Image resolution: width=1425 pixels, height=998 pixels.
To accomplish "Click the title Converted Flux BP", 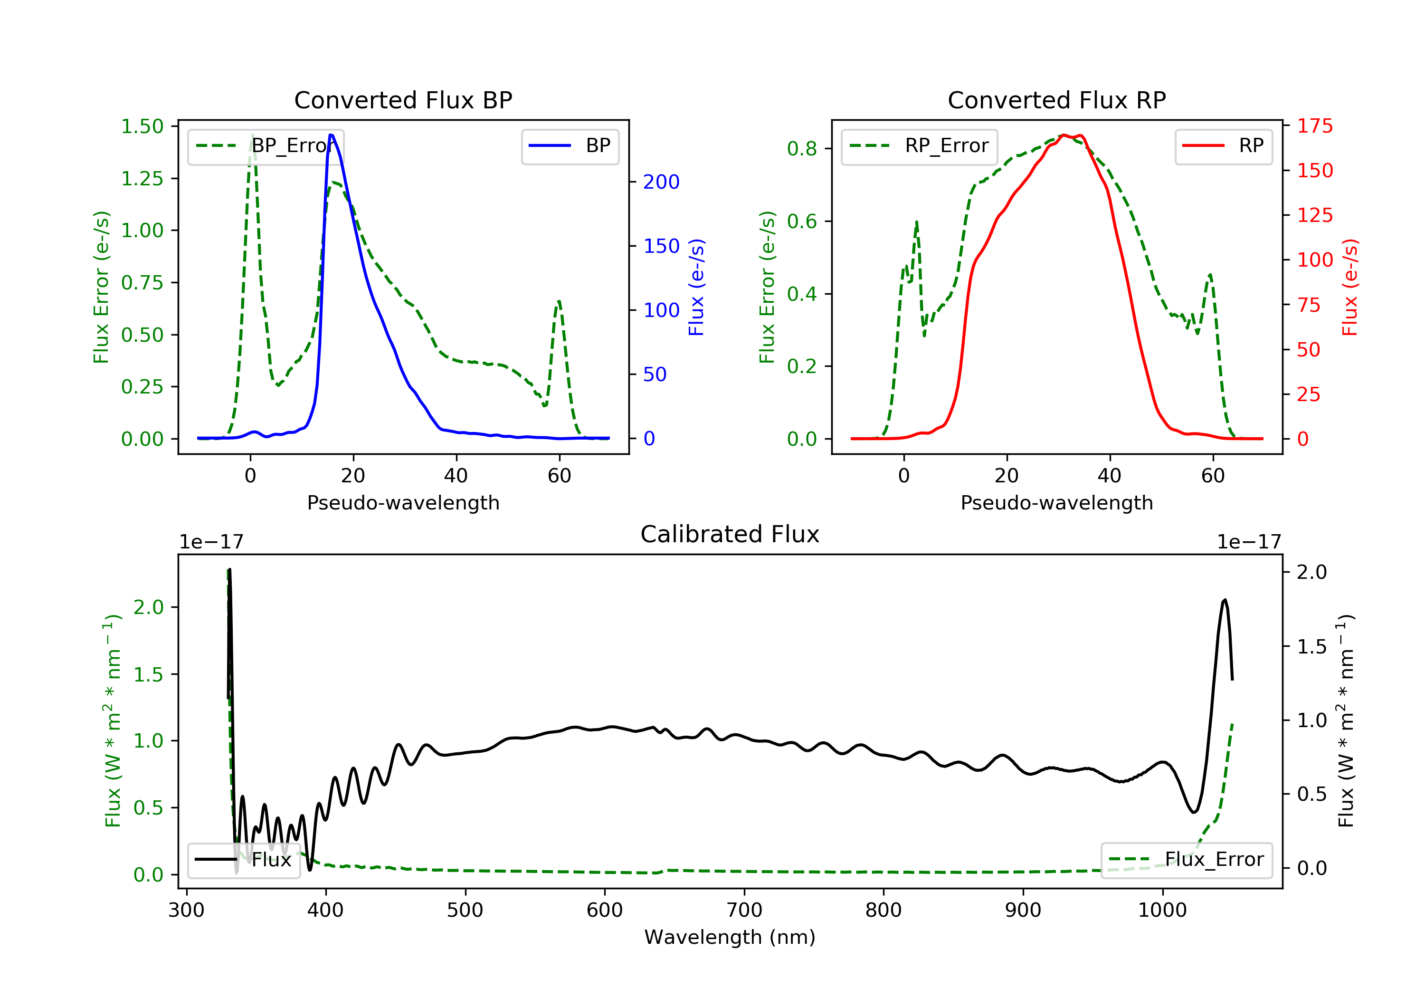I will point(403,100).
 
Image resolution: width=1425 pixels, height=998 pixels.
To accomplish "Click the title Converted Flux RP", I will point(1056,100).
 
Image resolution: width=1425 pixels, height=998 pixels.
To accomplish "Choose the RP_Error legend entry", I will point(919,146).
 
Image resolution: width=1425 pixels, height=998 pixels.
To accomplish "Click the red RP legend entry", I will point(1223,146).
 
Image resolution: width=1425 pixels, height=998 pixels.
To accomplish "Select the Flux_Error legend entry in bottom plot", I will point(1186,860).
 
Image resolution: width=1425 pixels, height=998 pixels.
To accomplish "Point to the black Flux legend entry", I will point(244,860).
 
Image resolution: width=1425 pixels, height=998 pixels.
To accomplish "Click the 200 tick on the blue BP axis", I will point(661,182).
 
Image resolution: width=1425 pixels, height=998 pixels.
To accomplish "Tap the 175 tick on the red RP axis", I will point(1314,126).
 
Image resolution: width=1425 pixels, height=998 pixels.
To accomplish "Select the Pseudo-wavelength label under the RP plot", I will point(1056,503).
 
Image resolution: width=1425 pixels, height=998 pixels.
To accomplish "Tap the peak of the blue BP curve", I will point(332,135).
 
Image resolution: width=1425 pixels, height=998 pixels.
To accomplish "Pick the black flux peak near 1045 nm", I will point(1225,600).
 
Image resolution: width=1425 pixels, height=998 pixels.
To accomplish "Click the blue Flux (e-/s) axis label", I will point(696,287).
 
